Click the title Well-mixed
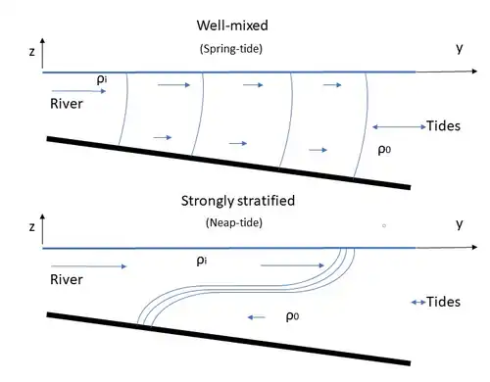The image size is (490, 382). coord(232,25)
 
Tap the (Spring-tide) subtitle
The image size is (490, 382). coord(231,49)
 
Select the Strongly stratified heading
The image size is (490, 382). coord(238,201)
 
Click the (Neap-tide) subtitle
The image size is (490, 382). coord(234,223)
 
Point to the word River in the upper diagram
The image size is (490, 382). coord(67,104)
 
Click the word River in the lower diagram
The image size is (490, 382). coord(67,279)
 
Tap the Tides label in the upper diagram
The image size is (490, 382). coord(443,126)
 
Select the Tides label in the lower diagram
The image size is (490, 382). coord(443,302)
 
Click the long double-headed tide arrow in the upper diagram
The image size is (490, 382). coord(399,126)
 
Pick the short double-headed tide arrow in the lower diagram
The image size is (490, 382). coord(418,303)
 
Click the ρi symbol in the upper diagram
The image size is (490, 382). coord(102,79)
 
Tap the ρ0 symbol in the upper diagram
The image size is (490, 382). coord(384,150)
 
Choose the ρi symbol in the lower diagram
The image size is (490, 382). coord(202,261)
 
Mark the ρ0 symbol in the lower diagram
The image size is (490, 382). coord(292,316)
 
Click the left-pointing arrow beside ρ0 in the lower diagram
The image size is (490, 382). coord(257,317)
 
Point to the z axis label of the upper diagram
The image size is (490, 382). coord(32,52)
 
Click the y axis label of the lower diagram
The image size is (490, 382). coord(460,224)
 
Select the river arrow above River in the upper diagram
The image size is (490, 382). coord(78,91)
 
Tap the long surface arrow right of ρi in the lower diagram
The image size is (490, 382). coord(292,265)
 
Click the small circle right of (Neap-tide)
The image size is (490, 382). coord(384,225)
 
